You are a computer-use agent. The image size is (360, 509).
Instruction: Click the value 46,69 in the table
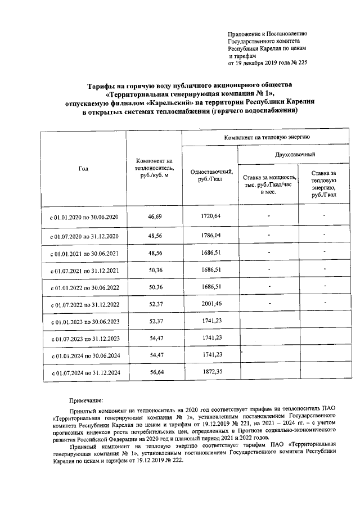point(154,216)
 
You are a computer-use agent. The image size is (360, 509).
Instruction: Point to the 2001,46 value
point(211,304)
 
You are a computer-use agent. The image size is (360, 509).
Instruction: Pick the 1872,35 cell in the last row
point(211,372)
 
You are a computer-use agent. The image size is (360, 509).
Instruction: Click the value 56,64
point(154,372)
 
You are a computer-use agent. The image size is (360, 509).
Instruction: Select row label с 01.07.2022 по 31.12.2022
point(84,305)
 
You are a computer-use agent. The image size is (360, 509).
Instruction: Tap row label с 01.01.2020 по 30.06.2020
point(84,217)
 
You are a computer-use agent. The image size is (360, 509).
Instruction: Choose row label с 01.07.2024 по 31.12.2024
point(84,373)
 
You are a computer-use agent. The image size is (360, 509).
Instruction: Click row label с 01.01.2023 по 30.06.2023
point(84,322)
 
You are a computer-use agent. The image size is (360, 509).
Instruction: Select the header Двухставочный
point(295,154)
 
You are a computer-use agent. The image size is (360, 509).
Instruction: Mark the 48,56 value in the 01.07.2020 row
point(154,235)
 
